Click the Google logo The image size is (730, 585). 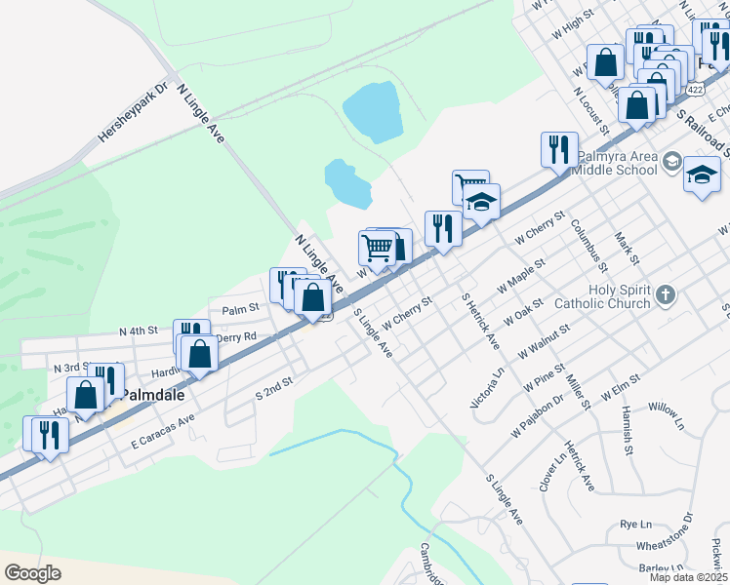pyautogui.click(x=32, y=572)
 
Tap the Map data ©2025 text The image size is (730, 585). pyautogui.click(x=687, y=577)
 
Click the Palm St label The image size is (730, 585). pyautogui.click(x=239, y=309)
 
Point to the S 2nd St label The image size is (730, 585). pyautogui.click(x=273, y=389)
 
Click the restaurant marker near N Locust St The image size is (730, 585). pyautogui.click(x=558, y=149)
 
